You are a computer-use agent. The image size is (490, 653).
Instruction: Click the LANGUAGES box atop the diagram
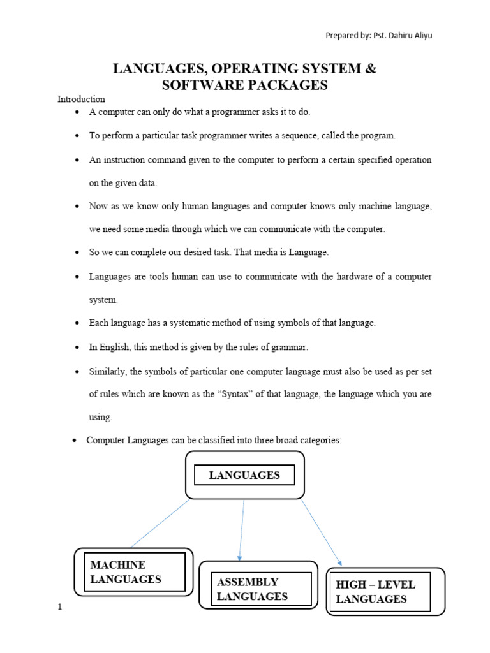click(244, 475)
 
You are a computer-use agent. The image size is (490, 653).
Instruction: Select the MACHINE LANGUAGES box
click(134, 572)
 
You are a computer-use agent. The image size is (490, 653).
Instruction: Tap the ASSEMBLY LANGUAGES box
click(258, 589)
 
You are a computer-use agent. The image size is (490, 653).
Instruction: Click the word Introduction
click(81, 99)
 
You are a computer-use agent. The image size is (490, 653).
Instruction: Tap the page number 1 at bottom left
click(59, 607)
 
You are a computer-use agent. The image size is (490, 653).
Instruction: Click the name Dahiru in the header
click(394, 36)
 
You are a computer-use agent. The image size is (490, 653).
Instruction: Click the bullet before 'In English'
click(77, 348)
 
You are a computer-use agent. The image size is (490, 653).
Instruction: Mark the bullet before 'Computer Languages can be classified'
click(74, 441)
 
